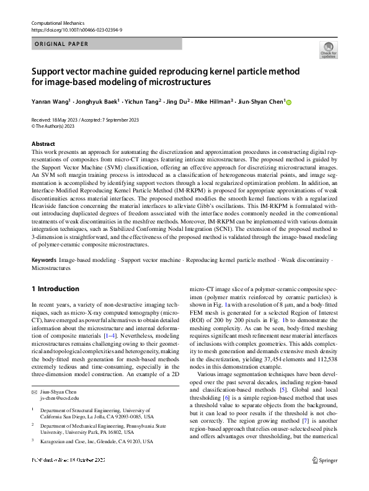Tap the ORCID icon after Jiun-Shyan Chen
288,102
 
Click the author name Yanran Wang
50,102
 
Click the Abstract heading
43,143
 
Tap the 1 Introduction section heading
55,289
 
